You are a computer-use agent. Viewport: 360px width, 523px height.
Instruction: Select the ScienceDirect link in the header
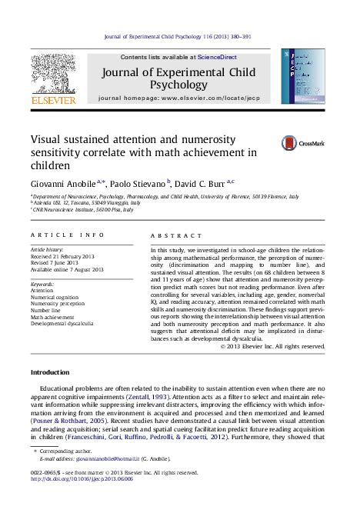tap(218, 58)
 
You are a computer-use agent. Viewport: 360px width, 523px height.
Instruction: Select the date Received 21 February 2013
tap(67, 257)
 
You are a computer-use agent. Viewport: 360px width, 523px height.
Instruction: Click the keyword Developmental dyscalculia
tap(67, 323)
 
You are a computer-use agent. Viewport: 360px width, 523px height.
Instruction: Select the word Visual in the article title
tap(50, 139)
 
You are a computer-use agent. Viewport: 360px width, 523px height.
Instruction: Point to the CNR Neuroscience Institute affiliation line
tap(78, 208)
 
